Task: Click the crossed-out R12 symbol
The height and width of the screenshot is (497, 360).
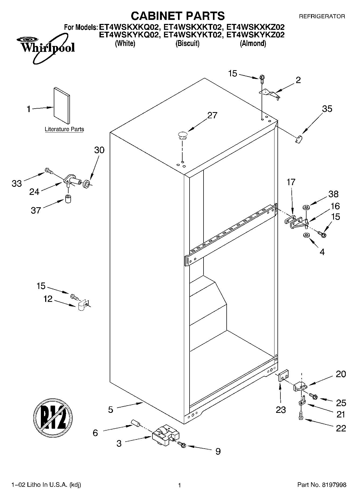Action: tap(53, 417)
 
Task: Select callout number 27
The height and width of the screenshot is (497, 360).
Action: tap(212, 115)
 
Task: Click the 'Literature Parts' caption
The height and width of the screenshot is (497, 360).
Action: tap(64, 129)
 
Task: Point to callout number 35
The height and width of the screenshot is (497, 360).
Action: tap(327, 109)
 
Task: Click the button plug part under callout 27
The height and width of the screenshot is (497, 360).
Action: tap(182, 135)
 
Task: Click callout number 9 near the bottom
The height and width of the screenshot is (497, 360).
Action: tap(218, 451)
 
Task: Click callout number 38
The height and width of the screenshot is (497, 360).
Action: tap(333, 194)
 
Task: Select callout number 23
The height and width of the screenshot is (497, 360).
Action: tap(280, 410)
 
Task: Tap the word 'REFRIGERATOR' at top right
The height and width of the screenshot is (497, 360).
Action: tap(322, 16)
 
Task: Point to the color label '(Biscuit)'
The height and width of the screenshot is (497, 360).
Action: tap(187, 43)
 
